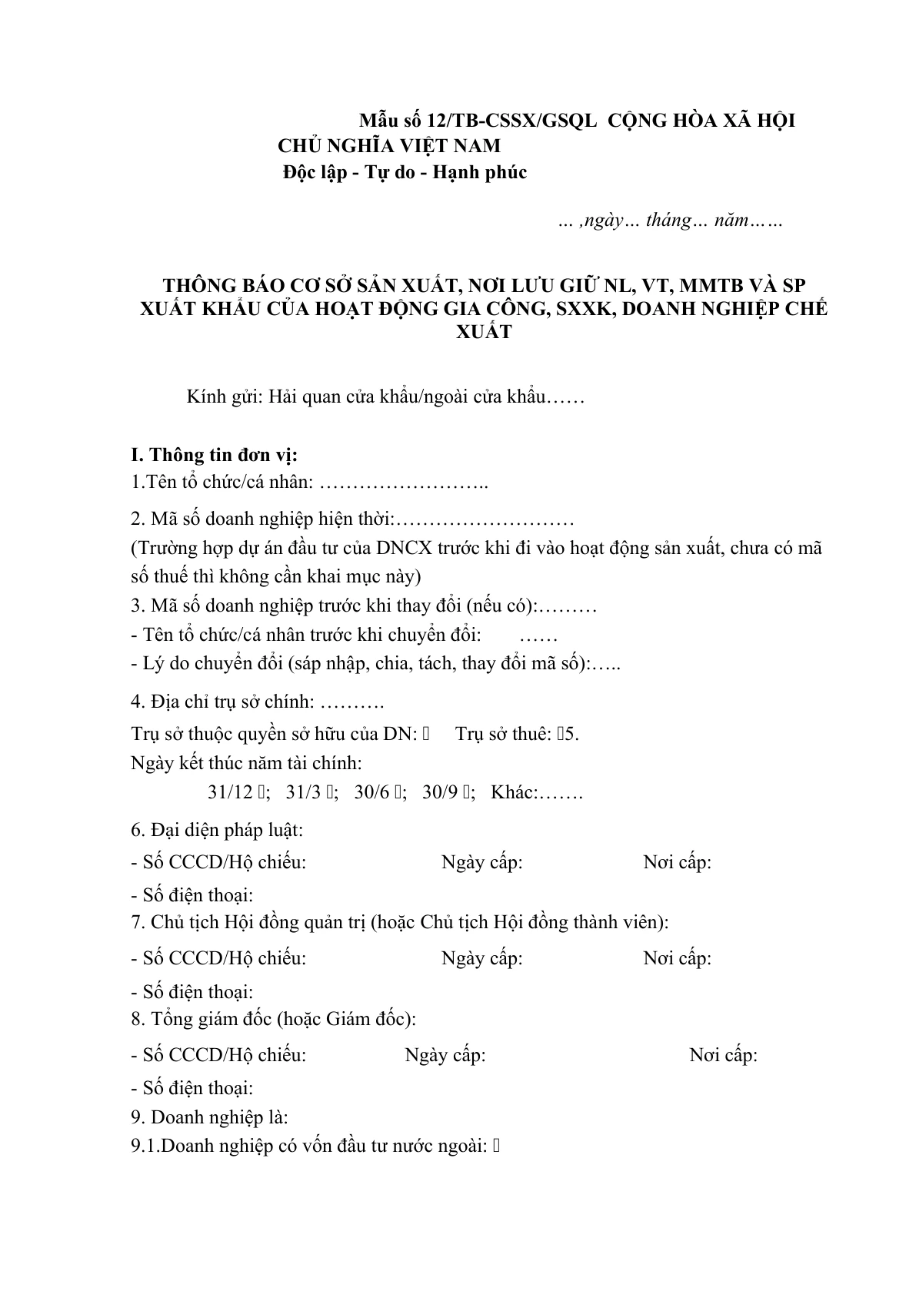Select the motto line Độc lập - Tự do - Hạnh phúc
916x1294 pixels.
click(x=405, y=172)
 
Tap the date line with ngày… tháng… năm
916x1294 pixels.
click(x=670, y=221)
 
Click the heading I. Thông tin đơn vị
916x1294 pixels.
click(x=215, y=455)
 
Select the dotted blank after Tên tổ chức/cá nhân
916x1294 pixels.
click(x=404, y=483)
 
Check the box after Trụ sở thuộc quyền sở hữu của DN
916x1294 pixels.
click(x=426, y=734)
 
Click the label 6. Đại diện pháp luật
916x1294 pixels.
click(x=217, y=830)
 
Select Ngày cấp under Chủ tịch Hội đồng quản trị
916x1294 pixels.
click(x=482, y=958)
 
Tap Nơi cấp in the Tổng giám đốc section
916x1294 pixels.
click(x=723, y=1055)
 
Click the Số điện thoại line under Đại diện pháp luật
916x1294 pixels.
click(x=192, y=895)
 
